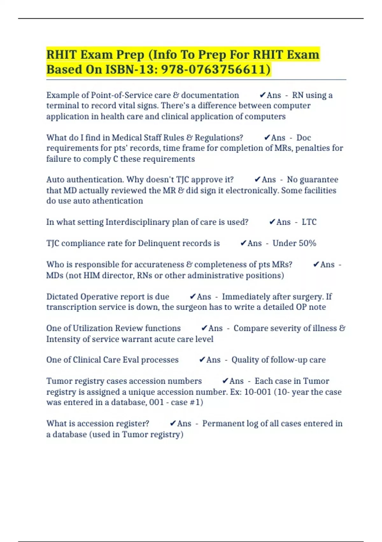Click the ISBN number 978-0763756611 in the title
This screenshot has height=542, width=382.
[x=216, y=69]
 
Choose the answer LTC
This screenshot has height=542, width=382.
[x=309, y=222]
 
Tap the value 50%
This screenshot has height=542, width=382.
[x=308, y=243]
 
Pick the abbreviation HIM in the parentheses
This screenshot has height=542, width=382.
[x=92, y=275]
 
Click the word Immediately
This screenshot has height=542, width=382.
[x=250, y=297]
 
